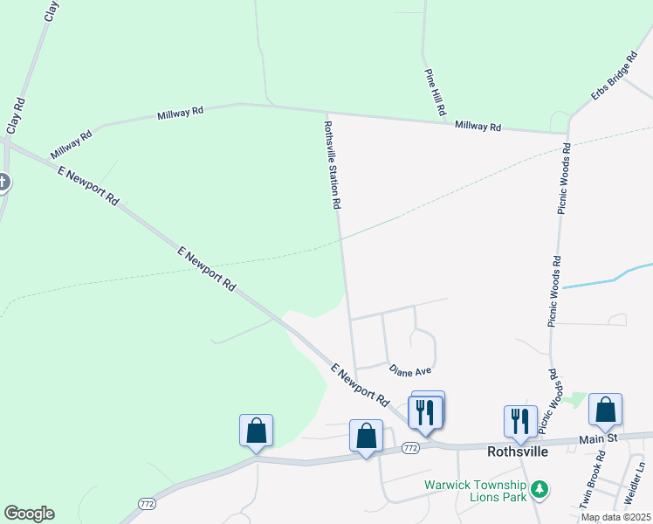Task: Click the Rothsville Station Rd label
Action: pos(331,165)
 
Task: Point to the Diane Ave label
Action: pos(410,371)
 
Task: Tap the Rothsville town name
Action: pos(517,452)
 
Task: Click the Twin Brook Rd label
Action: pos(593,479)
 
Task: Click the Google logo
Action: pos(29,514)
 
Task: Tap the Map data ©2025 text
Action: pos(615,517)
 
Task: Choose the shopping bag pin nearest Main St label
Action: pos(605,410)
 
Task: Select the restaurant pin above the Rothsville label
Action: pos(519,420)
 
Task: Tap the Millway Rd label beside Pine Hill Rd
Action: pos(478,127)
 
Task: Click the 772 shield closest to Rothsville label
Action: pos(411,448)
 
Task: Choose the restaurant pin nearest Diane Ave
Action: pos(426,410)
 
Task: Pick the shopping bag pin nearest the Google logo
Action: pos(256,431)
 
